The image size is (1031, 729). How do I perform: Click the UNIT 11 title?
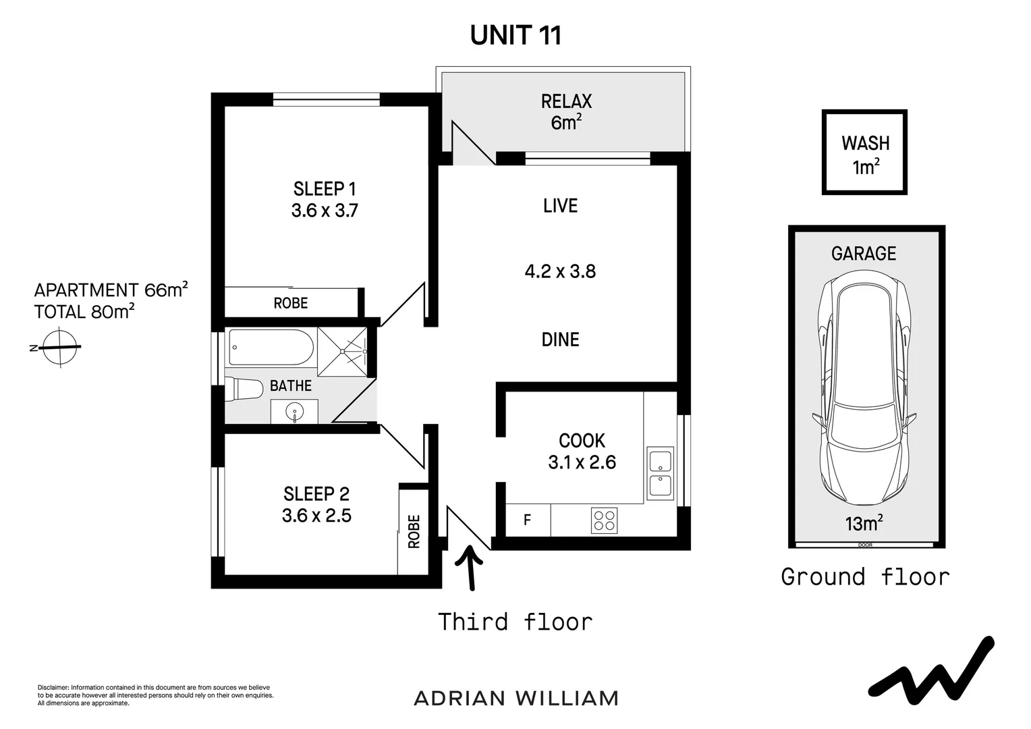[515, 35]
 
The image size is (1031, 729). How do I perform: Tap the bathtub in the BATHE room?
[271, 347]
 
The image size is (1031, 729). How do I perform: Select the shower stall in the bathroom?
[343, 351]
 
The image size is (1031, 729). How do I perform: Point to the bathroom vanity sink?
[294, 411]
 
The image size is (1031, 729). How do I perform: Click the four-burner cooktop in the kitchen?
[604, 520]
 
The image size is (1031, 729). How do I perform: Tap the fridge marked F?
[528, 520]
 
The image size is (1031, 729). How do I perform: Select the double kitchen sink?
[659, 473]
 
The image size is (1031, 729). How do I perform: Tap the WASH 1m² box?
[864, 153]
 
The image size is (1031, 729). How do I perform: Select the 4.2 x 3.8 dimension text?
[560, 271]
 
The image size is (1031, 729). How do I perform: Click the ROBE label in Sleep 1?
[291, 303]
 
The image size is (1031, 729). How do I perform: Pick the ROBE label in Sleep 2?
[414, 531]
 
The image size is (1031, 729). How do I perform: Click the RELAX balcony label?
[566, 102]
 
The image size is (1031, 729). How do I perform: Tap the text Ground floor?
[865, 577]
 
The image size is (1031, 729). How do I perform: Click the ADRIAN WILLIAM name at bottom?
[516, 698]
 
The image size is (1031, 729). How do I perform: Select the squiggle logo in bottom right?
[932, 668]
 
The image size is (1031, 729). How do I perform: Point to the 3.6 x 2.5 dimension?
[316, 516]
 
